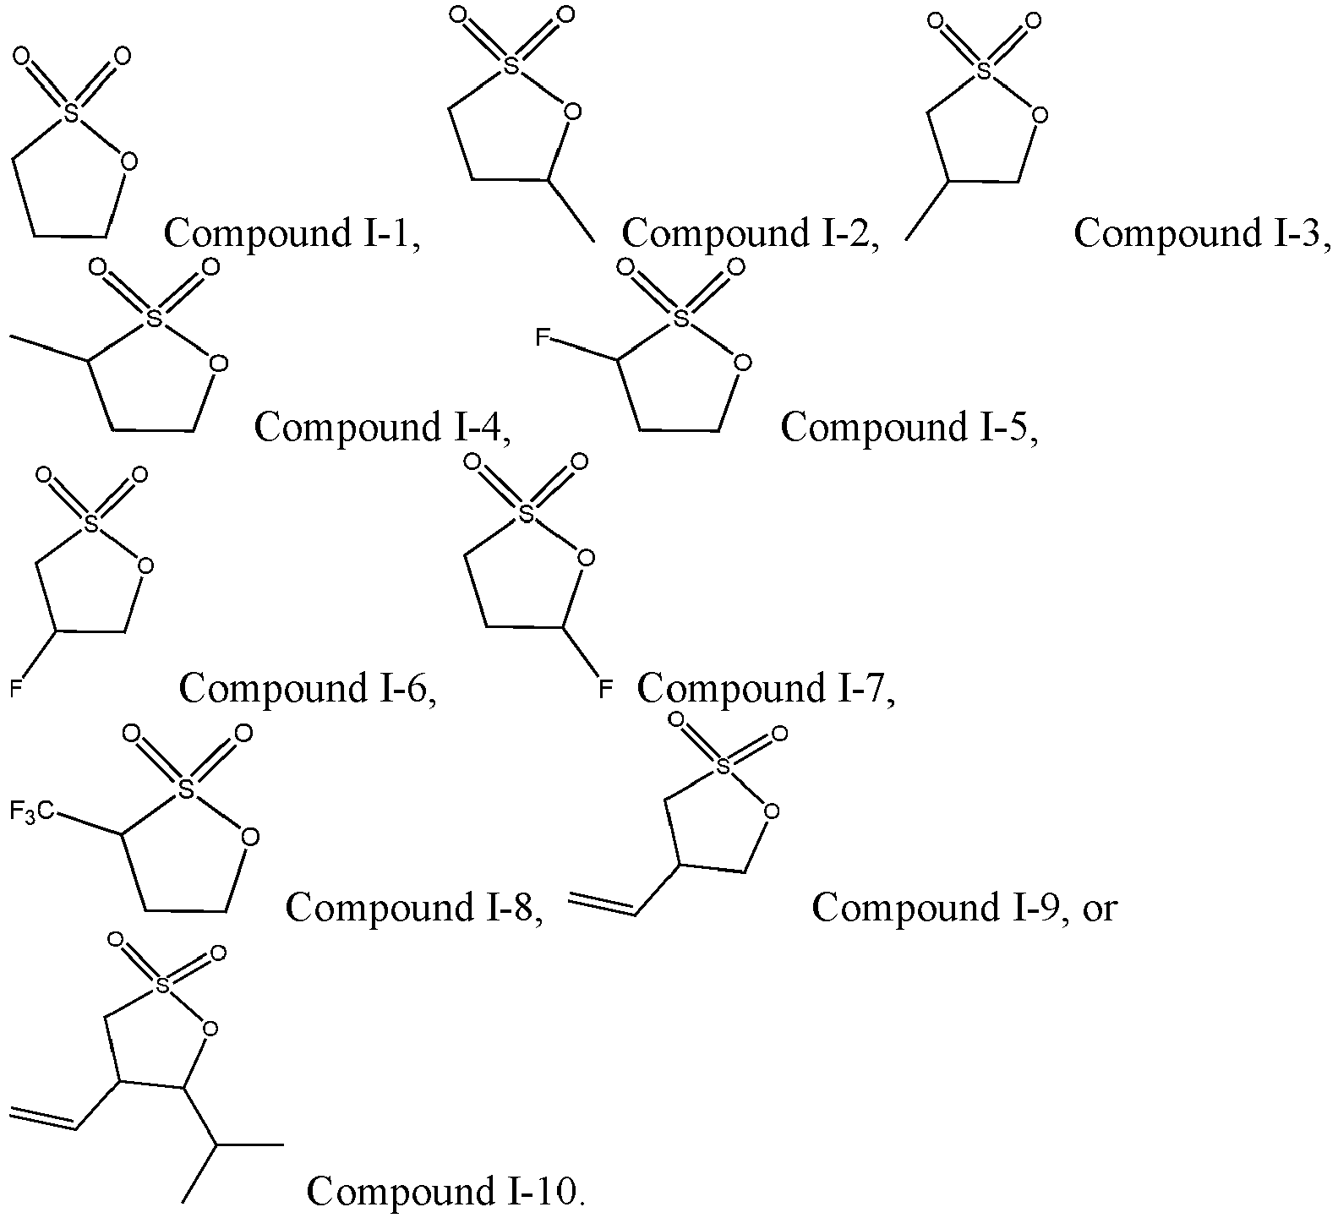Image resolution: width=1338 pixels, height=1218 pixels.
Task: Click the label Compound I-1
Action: click(x=292, y=232)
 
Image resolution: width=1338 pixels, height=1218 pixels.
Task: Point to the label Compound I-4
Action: click(x=384, y=427)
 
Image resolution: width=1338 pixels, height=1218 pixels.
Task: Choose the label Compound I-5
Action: click(x=909, y=427)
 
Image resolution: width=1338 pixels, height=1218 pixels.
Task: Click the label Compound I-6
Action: click(x=308, y=688)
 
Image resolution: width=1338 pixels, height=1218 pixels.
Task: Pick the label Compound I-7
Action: click(x=766, y=688)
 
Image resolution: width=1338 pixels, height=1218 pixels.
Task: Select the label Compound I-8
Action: click(x=414, y=908)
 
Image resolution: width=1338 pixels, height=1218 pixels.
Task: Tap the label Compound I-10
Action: click(x=446, y=1191)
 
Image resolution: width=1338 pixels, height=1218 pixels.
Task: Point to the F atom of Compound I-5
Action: click(x=543, y=339)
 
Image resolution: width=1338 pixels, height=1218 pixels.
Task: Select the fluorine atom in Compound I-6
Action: click(x=15, y=689)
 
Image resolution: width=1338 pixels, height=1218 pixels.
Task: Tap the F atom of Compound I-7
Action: click(x=603, y=689)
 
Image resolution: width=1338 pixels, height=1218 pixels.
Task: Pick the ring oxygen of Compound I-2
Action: click(x=573, y=112)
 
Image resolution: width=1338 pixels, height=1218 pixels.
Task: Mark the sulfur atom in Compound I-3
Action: click(x=983, y=72)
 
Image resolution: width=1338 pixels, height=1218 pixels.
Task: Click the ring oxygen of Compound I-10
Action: click(x=210, y=1029)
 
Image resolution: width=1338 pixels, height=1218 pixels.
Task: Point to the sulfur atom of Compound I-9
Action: click(x=722, y=766)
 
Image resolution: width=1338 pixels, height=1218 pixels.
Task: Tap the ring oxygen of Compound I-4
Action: click(x=219, y=364)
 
